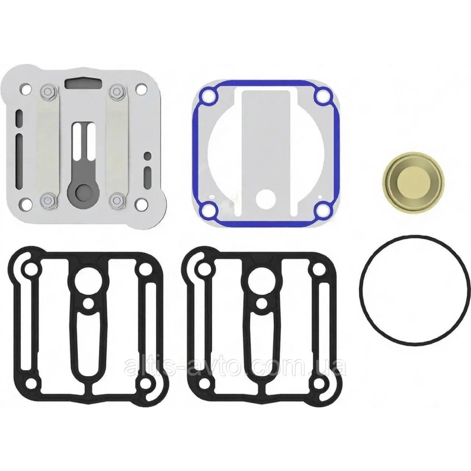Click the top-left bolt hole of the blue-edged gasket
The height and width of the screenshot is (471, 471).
(208, 97)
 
